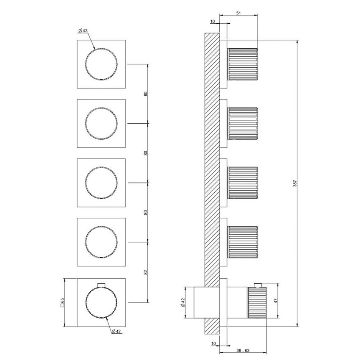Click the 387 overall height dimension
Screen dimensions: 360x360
[x=295, y=183]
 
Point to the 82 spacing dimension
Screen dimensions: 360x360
[x=146, y=271]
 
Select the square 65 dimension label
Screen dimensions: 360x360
[x=62, y=302]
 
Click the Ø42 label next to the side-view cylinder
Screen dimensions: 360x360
[x=183, y=303]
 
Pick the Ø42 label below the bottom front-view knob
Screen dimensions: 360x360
[x=117, y=332]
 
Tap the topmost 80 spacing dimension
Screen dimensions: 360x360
[x=146, y=94]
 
